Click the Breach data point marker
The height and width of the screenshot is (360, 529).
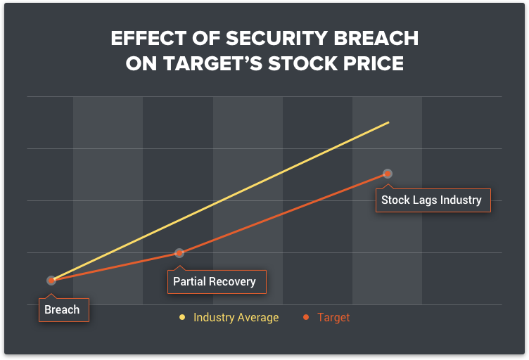[x=51, y=281]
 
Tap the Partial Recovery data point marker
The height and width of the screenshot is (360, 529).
[x=179, y=253]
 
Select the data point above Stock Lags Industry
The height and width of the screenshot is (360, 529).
[x=388, y=174]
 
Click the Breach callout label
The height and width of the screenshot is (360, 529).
[x=64, y=310]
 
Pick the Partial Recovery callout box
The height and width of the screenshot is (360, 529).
[x=217, y=282]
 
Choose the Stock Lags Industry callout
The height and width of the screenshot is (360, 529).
[x=433, y=200]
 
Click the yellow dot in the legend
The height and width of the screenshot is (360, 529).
[x=182, y=317]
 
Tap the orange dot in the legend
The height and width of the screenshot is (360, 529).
[x=306, y=317]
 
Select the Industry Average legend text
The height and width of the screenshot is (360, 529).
[x=236, y=318]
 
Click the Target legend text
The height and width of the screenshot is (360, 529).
[x=333, y=318]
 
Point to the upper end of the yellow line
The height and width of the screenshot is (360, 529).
[x=388, y=122]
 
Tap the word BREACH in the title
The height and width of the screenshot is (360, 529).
[x=376, y=38]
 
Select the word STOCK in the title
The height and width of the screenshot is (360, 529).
[x=303, y=64]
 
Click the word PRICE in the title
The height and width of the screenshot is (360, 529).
[x=374, y=64]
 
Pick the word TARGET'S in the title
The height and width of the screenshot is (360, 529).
[x=213, y=64]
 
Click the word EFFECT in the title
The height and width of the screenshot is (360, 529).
[x=149, y=38]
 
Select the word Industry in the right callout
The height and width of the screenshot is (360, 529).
[x=461, y=200]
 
